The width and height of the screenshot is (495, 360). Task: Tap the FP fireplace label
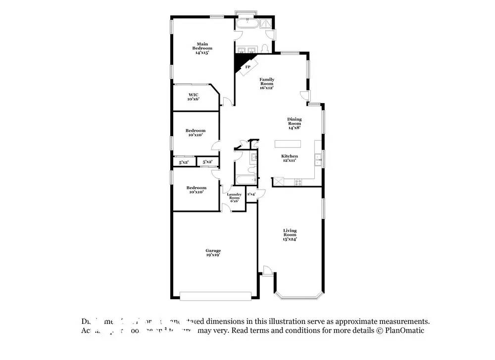point(247,67)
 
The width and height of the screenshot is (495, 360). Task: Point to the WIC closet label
point(193,95)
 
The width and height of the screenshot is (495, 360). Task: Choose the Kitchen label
point(290,156)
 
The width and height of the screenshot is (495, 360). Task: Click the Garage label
point(213,251)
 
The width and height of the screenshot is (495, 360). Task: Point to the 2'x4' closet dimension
point(251,194)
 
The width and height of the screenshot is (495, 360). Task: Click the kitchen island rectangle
point(288,144)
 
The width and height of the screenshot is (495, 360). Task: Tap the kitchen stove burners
point(298,182)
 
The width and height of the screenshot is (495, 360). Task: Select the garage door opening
point(215,296)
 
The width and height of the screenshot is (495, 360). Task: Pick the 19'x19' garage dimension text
point(213,255)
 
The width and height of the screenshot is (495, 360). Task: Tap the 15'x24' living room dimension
point(290,239)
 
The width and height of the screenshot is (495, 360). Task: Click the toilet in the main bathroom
point(265,48)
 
